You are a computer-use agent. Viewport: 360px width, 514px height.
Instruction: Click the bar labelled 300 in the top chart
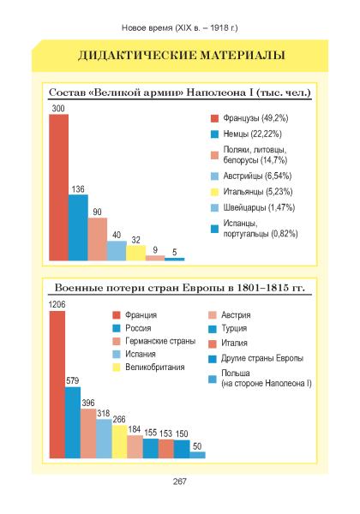(58, 187)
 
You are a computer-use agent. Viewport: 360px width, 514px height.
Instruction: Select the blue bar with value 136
(78, 228)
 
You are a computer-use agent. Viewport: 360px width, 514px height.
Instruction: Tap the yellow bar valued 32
(135, 253)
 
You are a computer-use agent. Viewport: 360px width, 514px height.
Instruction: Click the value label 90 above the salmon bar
(97, 212)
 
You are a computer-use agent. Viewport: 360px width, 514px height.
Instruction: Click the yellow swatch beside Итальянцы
(214, 192)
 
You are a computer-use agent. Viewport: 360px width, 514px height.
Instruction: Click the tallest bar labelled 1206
(57, 385)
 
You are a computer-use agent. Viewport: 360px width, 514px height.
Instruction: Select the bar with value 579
(73, 422)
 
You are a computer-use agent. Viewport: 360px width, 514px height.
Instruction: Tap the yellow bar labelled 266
(119, 441)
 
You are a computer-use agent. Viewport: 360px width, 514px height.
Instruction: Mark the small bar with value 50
(197, 455)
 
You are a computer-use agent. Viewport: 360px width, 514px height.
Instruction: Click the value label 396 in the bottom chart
(88, 403)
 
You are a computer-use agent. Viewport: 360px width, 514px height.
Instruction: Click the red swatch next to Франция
(117, 315)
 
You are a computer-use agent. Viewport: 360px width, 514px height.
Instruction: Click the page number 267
(180, 481)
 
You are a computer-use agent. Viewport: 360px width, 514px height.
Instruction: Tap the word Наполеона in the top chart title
(218, 93)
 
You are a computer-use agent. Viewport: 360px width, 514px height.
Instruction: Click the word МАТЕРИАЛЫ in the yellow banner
(243, 55)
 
